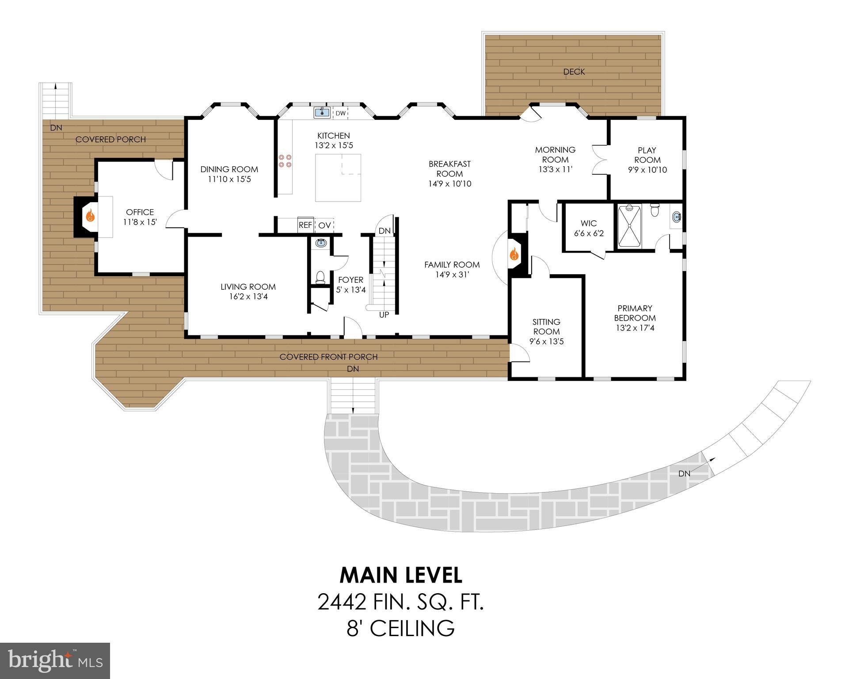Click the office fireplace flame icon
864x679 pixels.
(90, 216)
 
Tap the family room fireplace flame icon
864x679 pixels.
(514, 254)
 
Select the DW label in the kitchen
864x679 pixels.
(340, 113)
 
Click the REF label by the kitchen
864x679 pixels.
(305, 225)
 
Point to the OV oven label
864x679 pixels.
(324, 225)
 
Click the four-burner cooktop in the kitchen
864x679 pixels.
(285, 161)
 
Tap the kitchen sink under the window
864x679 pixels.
(322, 112)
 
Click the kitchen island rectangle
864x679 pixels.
(338, 178)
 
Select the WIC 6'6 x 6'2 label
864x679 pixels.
(589, 228)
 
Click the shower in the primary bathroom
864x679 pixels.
(629, 226)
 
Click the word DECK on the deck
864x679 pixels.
(574, 72)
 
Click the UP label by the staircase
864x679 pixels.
(384, 315)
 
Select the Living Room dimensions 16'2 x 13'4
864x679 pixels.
(248, 296)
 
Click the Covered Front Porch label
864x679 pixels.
(328, 357)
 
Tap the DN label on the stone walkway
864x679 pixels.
(684, 473)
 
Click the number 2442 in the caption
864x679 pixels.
(342, 602)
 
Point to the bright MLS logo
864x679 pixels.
(55, 661)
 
